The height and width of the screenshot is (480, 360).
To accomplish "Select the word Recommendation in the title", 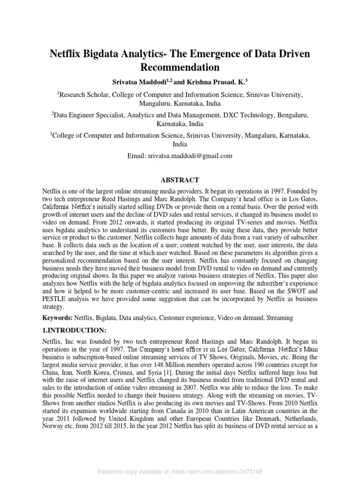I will click(180, 67).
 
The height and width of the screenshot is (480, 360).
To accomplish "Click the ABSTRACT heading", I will click(180, 180).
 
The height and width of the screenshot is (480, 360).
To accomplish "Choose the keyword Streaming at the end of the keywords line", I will click(279, 318).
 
